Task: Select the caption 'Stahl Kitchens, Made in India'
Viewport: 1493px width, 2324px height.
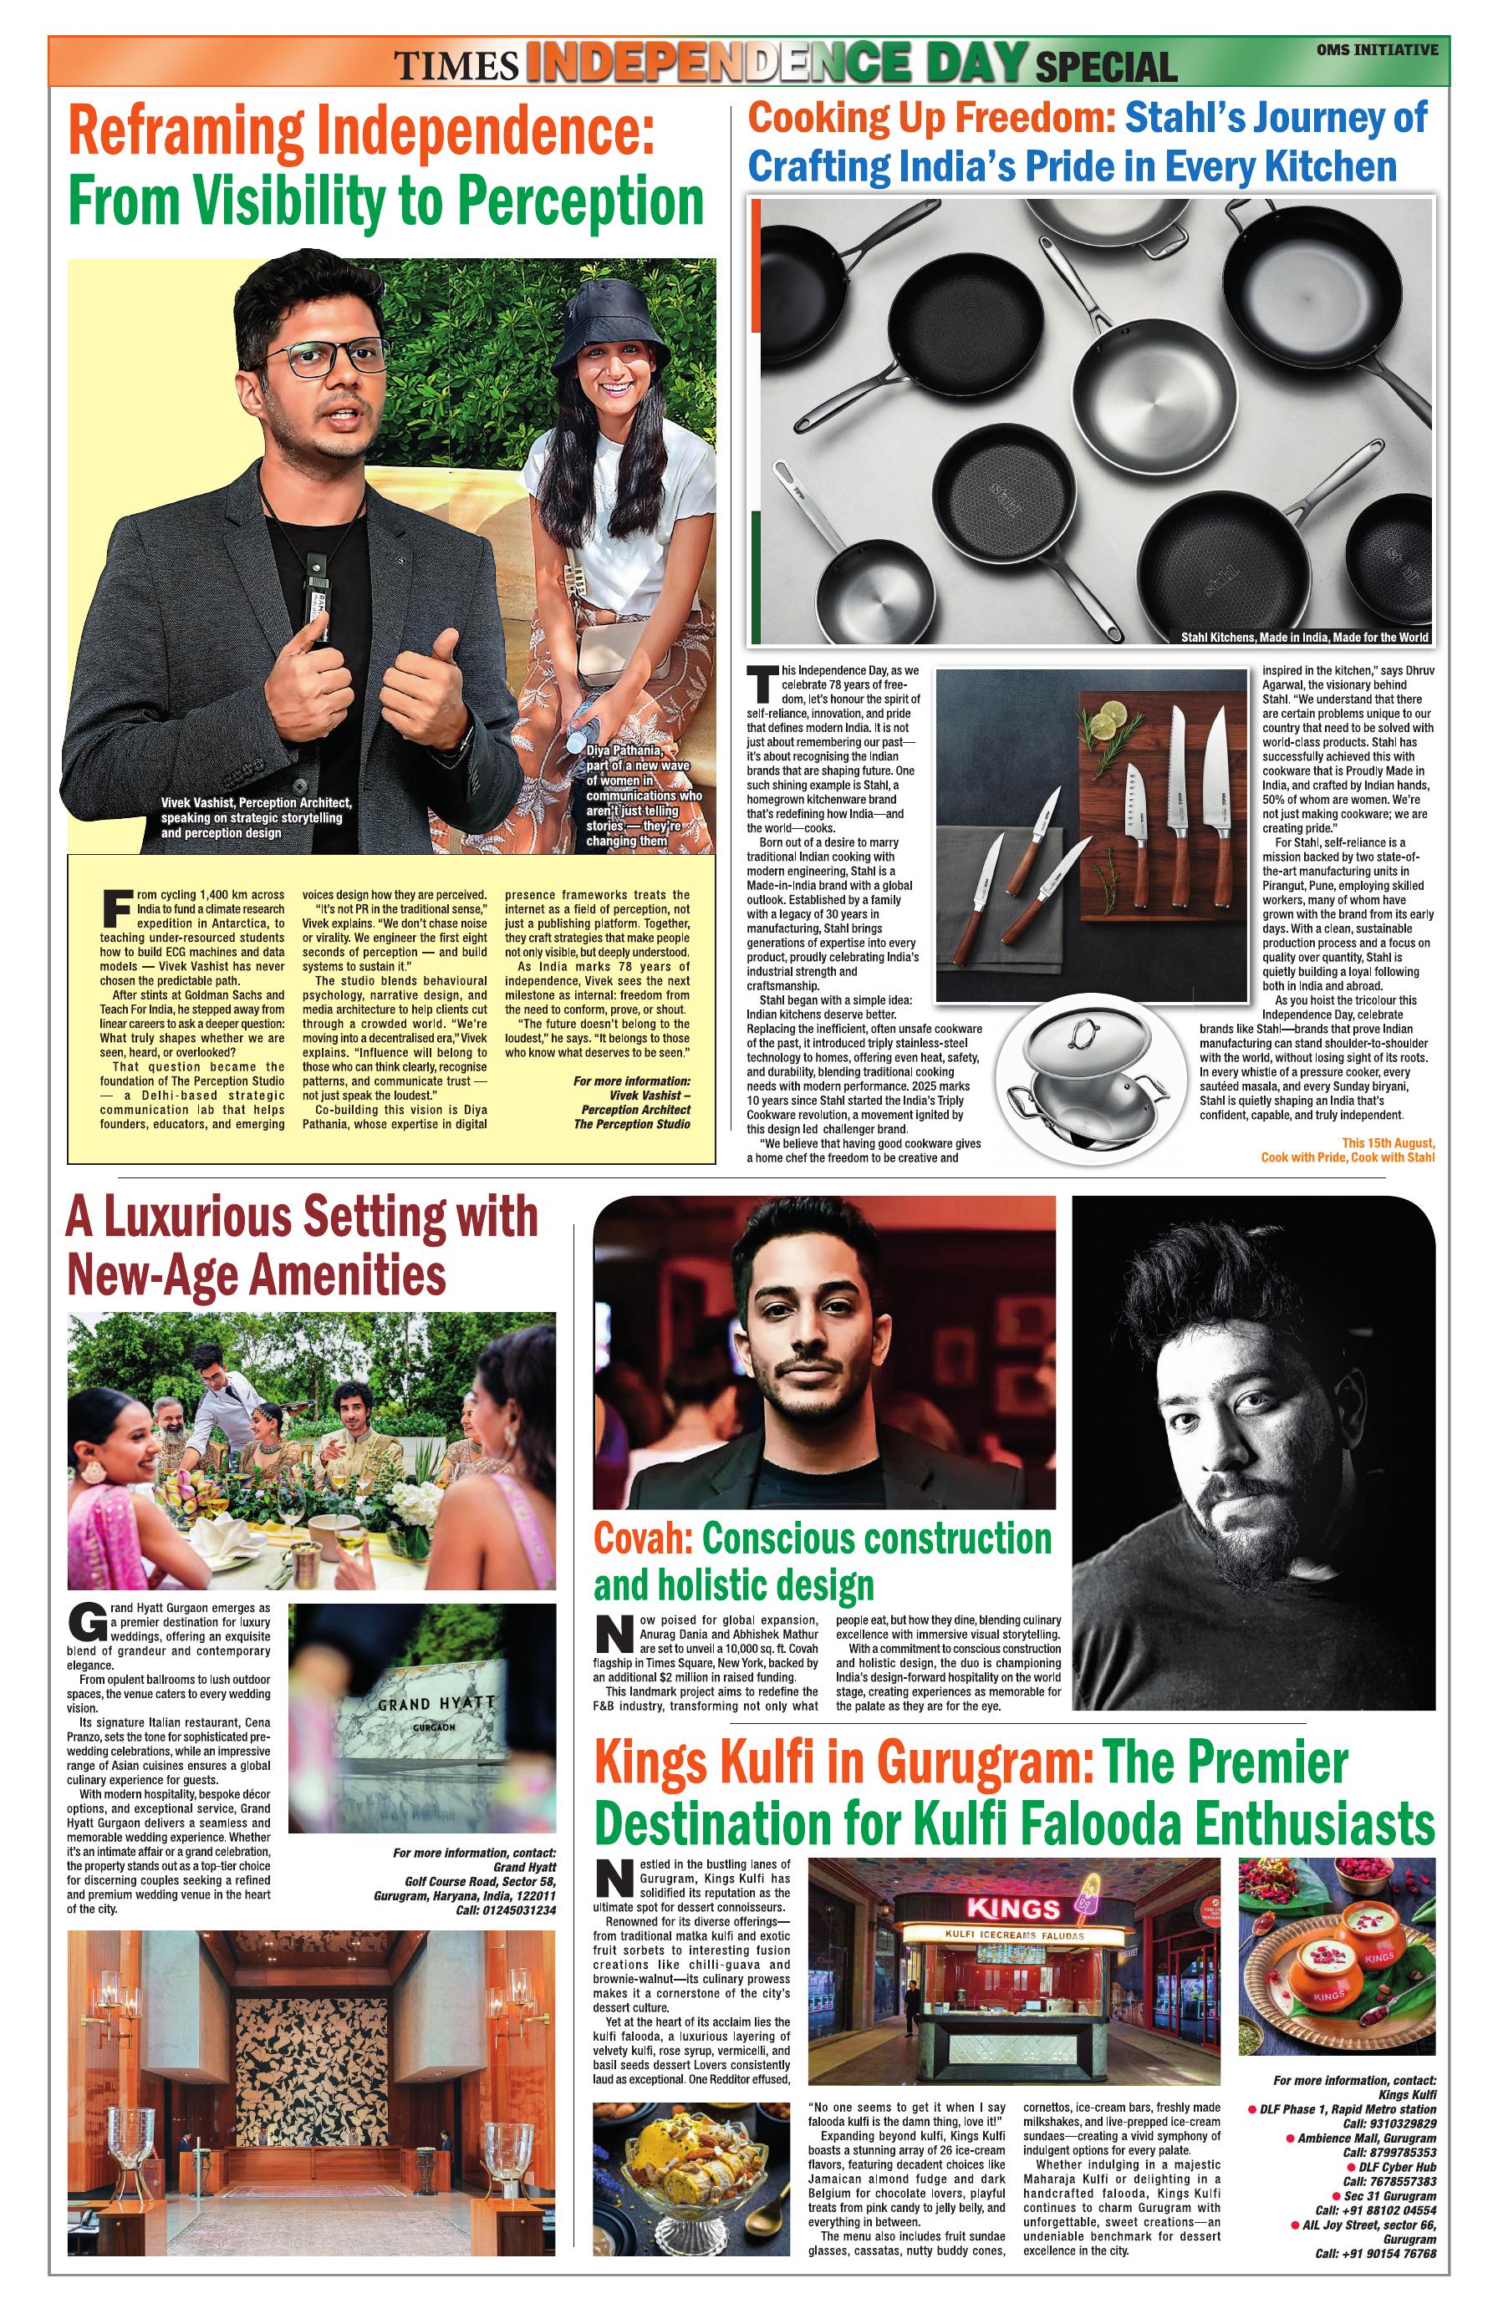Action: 1303,637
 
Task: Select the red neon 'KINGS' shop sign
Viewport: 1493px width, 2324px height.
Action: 1013,1910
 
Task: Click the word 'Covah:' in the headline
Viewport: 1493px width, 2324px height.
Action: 643,1539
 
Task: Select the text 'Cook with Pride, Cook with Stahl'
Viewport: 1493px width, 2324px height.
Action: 1348,1157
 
